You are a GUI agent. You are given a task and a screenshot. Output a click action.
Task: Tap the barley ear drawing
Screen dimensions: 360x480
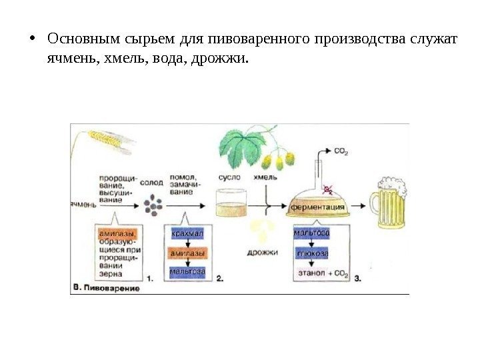(107, 138)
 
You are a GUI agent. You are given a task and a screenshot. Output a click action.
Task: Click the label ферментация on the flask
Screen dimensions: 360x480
(317, 207)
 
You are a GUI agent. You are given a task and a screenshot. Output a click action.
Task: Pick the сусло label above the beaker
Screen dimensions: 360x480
(229, 178)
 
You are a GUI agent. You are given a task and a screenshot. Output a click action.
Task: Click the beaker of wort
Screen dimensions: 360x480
(230, 204)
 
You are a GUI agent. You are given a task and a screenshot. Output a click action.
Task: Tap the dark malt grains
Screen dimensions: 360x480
(155, 205)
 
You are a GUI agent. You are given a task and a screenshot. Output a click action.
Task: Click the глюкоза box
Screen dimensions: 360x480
(311, 254)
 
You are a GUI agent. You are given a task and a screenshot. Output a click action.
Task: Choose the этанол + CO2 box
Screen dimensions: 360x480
(323, 273)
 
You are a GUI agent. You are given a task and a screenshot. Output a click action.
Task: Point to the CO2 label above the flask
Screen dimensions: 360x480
(341, 151)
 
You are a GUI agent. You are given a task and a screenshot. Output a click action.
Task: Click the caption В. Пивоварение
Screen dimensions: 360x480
(105, 289)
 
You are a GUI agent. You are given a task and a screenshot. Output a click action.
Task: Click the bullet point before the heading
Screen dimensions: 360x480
(33, 39)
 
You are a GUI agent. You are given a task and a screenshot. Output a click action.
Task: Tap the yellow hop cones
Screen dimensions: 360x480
(279, 160)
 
